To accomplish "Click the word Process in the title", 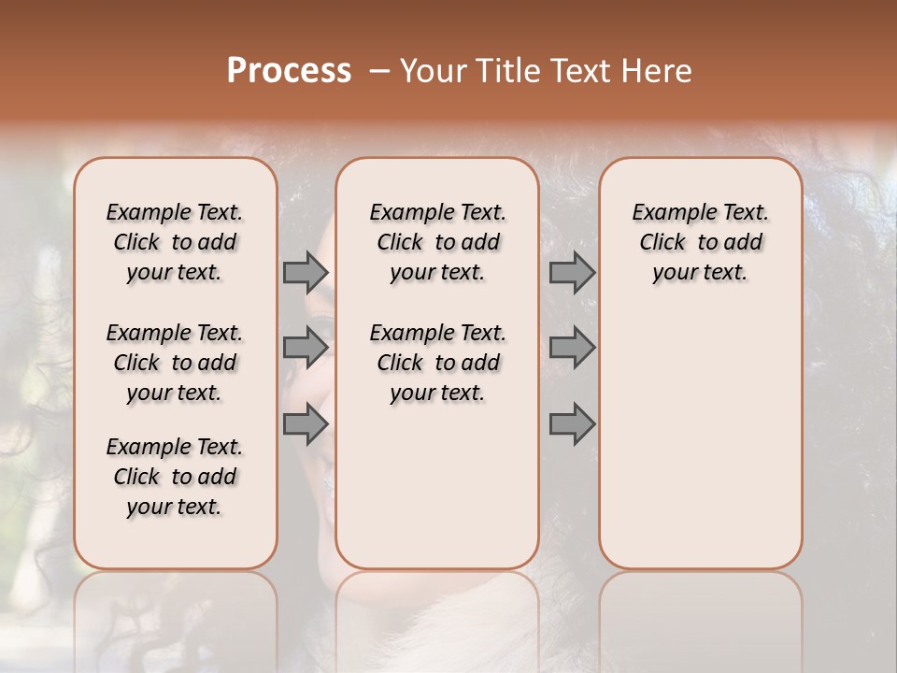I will [289, 71].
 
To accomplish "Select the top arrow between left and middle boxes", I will [306, 272].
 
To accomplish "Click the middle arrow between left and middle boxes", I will [306, 347].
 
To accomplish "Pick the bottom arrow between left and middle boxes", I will [306, 423].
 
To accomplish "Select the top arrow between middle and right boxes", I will [572, 272].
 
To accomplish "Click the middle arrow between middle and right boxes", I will [572, 347].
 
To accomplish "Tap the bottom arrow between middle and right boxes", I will [572, 423].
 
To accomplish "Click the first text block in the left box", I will [175, 242].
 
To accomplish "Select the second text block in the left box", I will [175, 363].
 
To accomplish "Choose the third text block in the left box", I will [175, 477].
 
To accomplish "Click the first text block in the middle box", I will [437, 242].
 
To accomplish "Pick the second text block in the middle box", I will [437, 363].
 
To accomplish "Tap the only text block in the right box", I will [700, 242].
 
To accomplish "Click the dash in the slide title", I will [379, 71].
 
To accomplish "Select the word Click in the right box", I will [662, 242].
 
